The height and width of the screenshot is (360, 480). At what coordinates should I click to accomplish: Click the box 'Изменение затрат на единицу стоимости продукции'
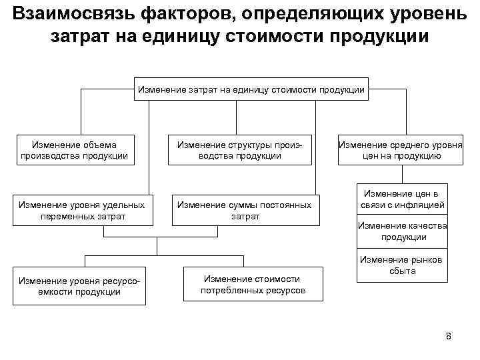251,89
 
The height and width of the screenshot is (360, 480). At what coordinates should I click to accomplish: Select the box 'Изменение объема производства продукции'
74,150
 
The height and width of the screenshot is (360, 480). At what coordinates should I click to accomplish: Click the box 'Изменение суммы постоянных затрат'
245,210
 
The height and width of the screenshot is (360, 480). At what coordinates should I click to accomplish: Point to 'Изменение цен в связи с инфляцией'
401,199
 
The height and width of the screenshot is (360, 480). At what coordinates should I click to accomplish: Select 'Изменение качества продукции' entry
401,231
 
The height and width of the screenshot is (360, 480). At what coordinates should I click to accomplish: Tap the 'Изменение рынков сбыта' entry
401,265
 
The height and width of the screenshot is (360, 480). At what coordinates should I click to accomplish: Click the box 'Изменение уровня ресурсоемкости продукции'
79,285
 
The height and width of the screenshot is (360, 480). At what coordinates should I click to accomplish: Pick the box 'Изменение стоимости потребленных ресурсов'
253,285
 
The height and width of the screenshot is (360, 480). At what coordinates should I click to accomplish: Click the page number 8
449,336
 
